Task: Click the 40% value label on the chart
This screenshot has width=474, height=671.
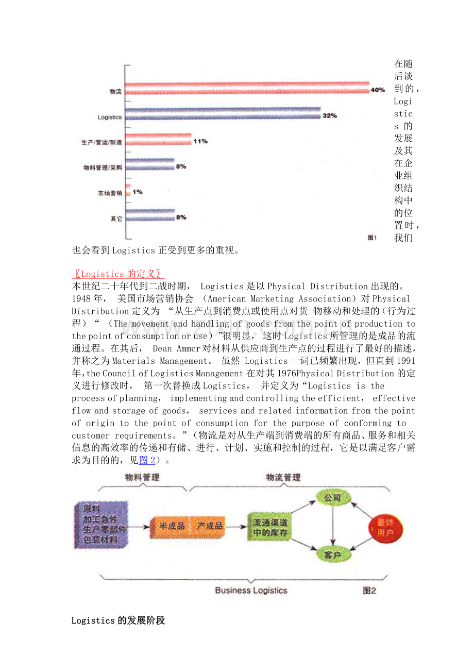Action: click(x=377, y=90)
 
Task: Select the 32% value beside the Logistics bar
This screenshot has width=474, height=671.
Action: click(x=329, y=116)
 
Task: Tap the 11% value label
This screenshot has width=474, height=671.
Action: click(x=200, y=141)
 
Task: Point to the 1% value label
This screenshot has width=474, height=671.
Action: click(x=138, y=192)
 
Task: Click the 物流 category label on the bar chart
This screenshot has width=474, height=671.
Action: click(x=115, y=92)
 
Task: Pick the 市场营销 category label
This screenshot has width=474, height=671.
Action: click(x=110, y=193)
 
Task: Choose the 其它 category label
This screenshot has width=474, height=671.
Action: click(x=116, y=219)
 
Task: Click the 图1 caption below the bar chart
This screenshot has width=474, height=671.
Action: click(x=372, y=238)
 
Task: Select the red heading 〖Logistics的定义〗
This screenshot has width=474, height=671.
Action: click(x=118, y=274)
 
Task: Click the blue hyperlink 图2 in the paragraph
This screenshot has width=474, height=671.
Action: click(x=147, y=460)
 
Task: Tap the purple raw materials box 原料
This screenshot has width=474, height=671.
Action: click(x=99, y=524)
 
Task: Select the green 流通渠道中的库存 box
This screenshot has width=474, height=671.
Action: click(x=269, y=527)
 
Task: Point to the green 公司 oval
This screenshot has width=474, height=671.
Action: click(x=332, y=498)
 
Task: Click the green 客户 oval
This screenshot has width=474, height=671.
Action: click(x=332, y=555)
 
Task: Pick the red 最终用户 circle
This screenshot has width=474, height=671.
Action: click(x=385, y=528)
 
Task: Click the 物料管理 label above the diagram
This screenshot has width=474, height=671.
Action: click(x=142, y=477)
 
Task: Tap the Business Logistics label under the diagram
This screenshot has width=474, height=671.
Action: click(x=251, y=591)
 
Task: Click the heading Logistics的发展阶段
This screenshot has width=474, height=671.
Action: click(x=118, y=620)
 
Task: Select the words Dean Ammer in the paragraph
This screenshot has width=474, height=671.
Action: click(x=176, y=348)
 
